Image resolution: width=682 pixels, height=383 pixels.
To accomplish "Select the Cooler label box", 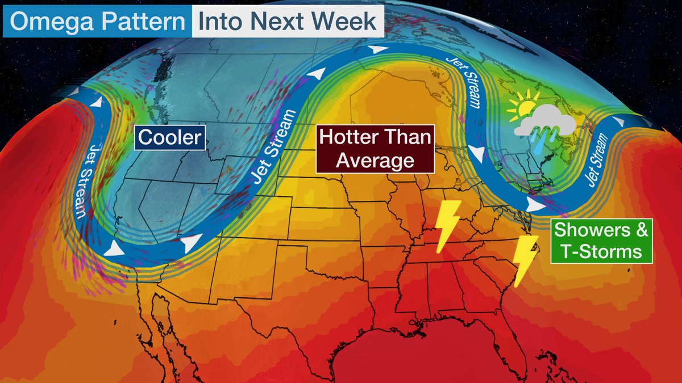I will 170,138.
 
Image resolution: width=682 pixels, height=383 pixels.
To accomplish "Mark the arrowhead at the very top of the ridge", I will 376,50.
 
